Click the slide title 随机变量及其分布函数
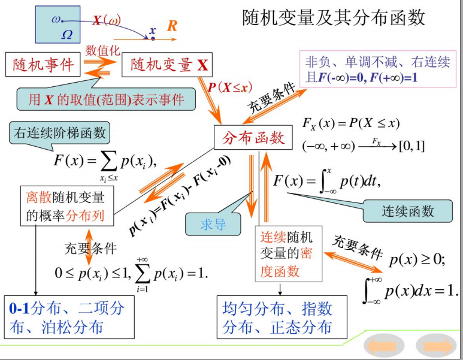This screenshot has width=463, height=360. (x=334, y=17)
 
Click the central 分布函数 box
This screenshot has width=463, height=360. (x=253, y=138)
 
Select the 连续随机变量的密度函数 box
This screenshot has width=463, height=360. (x=288, y=254)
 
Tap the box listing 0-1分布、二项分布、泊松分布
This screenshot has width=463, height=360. (x=66, y=317)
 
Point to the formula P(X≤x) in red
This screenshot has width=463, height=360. (x=228, y=87)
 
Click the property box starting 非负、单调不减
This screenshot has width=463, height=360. (x=377, y=69)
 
